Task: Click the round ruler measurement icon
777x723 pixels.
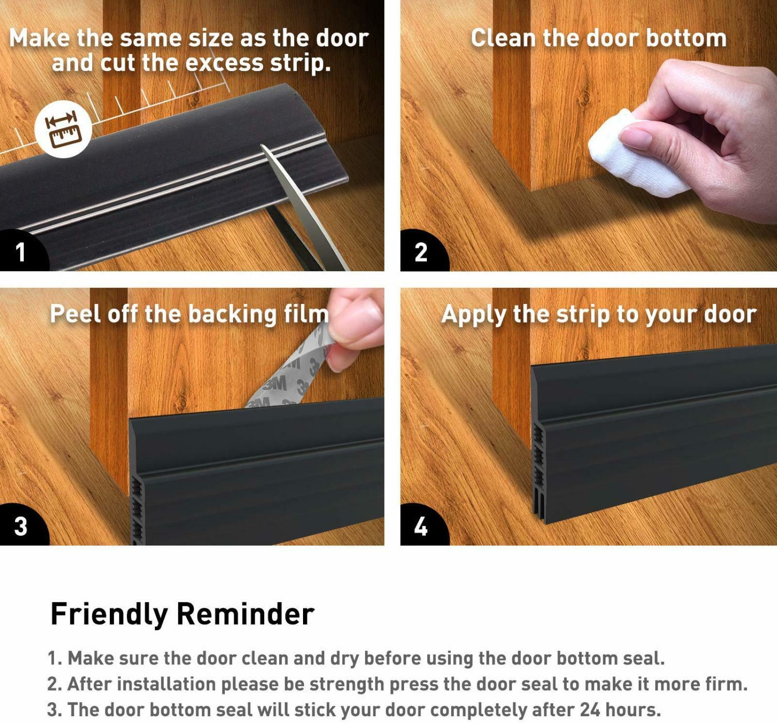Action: click(63, 129)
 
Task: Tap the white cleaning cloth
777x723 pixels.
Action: click(631, 153)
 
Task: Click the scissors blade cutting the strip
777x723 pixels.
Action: click(301, 204)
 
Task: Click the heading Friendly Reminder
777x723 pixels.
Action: click(183, 615)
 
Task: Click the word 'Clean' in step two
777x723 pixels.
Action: click(503, 38)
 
